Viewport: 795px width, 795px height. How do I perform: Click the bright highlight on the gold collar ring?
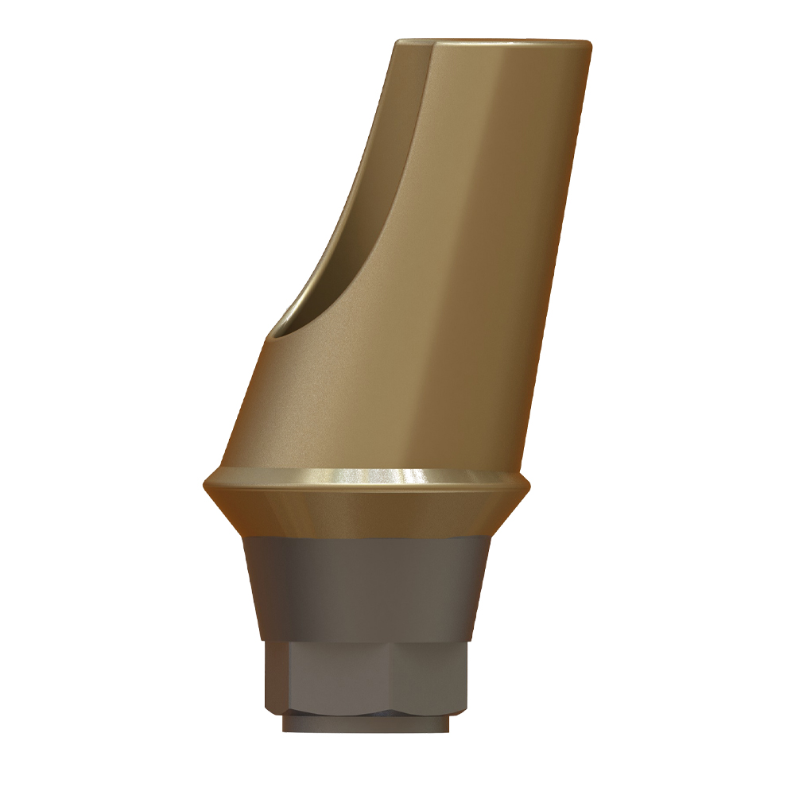[x=413, y=476]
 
